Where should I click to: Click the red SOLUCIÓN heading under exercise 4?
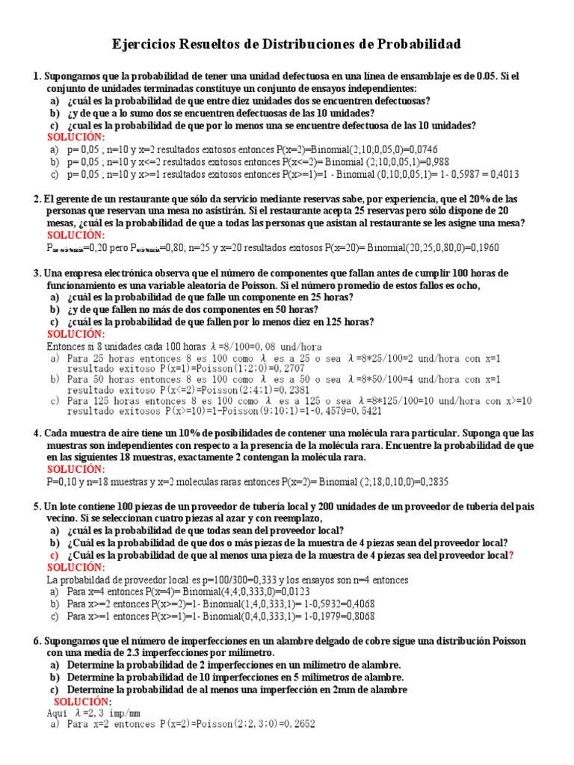click(x=76, y=469)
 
